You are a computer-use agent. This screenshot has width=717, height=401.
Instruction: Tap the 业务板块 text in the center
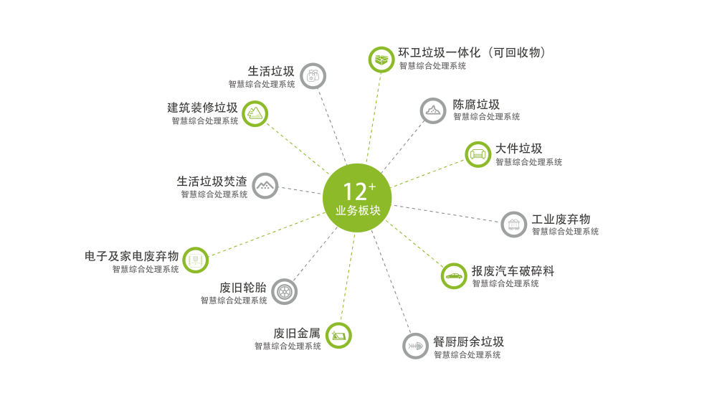click(357, 212)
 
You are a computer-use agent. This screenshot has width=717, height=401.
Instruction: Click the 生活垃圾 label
click(270, 71)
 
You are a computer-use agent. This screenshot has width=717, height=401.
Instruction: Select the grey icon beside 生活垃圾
click(313, 75)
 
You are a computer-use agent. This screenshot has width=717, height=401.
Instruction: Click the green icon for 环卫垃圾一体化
click(381, 59)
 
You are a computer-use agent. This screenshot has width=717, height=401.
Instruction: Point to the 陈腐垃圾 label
click(476, 104)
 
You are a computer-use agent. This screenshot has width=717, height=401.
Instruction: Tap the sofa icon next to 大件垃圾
click(478, 154)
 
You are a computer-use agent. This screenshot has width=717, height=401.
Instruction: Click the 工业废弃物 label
click(561, 219)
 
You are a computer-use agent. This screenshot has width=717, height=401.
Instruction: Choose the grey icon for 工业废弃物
click(513, 225)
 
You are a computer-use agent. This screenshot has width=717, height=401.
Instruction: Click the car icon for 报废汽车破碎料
click(453, 276)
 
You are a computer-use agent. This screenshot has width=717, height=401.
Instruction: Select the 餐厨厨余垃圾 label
click(468, 341)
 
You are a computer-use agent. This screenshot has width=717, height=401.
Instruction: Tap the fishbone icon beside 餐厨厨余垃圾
click(415, 346)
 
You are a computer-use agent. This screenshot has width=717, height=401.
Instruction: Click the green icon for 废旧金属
click(338, 335)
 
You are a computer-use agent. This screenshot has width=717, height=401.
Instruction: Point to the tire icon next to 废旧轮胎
click(285, 291)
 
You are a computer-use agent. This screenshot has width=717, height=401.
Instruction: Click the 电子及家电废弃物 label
click(131, 256)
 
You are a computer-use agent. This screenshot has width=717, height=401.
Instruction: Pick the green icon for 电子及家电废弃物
click(195, 260)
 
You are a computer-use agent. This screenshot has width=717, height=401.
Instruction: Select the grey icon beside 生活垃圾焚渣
click(265, 186)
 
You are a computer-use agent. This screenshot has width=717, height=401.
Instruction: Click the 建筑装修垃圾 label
click(202, 108)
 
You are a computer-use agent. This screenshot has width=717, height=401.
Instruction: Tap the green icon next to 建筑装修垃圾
click(255, 113)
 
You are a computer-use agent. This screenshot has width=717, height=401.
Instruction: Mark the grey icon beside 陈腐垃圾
click(433, 110)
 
